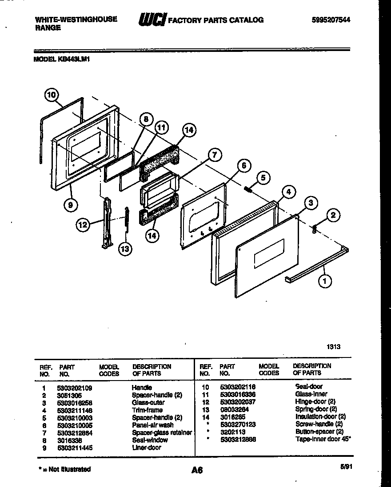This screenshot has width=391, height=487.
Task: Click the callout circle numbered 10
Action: coord(52,94)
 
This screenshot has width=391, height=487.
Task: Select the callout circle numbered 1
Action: coord(325,280)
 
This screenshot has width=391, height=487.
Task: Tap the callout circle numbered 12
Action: coord(83,225)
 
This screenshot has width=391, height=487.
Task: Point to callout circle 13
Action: coord(125,249)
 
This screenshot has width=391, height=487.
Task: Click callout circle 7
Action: coord(214,155)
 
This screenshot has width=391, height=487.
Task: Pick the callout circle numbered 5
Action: coord(263,178)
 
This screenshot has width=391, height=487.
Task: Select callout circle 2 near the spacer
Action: coord(333,216)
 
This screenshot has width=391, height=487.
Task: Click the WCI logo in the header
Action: coord(152,20)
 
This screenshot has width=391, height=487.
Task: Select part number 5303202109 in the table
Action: coord(74,387)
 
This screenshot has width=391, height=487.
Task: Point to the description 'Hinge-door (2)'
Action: coord(315,401)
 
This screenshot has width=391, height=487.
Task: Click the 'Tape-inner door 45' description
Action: coord(323,439)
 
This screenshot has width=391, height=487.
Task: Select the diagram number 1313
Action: coord(335,346)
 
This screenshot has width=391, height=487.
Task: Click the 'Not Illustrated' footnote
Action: coord(63,469)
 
